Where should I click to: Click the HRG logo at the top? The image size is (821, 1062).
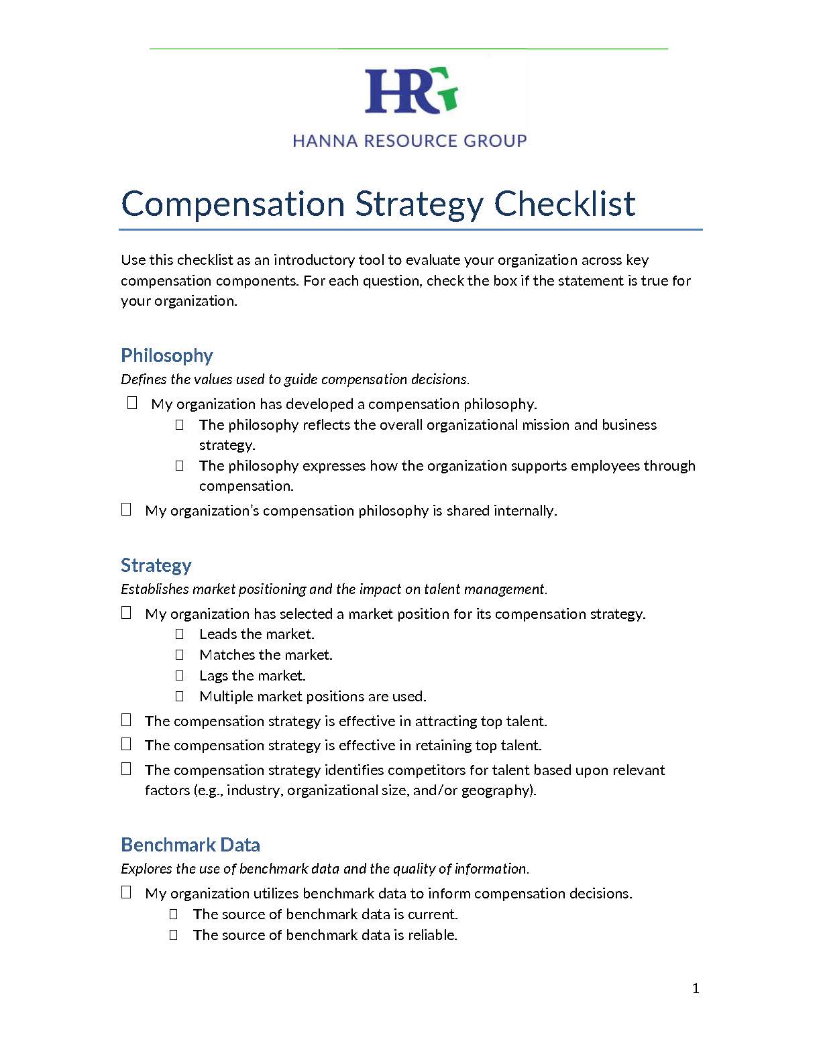[410, 91]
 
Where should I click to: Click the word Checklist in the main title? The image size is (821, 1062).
[565, 204]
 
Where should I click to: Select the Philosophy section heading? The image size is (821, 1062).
[167, 355]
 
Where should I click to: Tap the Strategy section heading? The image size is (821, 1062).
[156, 565]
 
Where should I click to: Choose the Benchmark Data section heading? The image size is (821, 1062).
[190, 845]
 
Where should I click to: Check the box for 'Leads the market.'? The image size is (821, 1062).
[180, 634]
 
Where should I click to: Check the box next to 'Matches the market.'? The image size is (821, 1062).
[180, 654]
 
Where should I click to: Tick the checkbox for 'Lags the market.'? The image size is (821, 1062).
[180, 675]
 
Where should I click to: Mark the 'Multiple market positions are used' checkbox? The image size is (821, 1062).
[180, 696]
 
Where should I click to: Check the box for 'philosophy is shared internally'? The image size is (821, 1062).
[126, 510]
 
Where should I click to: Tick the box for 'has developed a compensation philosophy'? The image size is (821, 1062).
[132, 402]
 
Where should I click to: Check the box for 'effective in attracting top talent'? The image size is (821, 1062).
[126, 720]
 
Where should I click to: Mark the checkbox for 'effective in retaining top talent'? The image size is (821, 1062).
[126, 744]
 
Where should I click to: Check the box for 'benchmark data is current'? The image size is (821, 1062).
[174, 914]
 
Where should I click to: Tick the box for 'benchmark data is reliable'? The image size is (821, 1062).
[174, 935]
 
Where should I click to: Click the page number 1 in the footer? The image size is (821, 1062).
[696, 988]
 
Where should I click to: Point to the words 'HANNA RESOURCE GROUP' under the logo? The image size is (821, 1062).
[410, 141]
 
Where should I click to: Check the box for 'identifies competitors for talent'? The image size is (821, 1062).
[126, 769]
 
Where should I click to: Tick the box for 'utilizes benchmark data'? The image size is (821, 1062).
[126, 892]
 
